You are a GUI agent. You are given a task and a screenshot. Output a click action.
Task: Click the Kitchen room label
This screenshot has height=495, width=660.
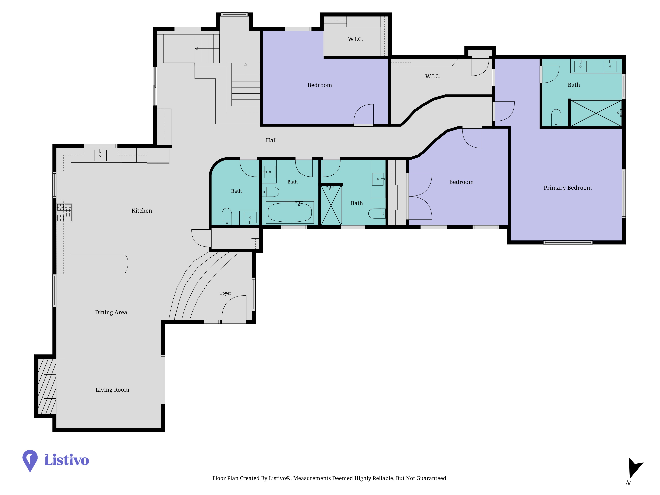[142, 211]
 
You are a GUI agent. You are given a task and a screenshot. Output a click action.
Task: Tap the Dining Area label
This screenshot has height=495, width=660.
[111, 312]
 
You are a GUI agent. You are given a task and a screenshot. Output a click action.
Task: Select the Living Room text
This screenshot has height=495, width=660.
[112, 390]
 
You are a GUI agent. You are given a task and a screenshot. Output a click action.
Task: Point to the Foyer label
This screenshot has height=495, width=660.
[226, 293]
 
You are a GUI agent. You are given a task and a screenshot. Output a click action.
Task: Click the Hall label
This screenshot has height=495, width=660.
[271, 140]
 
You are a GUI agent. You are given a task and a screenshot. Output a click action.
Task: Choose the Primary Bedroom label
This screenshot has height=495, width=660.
[567, 188]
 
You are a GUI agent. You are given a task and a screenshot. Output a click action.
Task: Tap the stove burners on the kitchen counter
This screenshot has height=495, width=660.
[64, 213]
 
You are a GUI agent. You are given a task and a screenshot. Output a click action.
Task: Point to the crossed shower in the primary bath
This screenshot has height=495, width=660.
[596, 113]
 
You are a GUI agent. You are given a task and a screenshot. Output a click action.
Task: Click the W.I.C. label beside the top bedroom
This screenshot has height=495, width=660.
[355, 39]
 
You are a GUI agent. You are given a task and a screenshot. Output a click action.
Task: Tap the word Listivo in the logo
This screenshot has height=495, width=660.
[67, 460]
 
